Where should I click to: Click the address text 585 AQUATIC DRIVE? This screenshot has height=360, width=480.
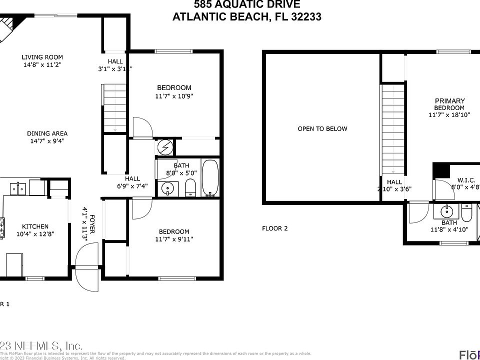point(247,5)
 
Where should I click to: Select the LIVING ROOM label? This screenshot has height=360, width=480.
point(42,57)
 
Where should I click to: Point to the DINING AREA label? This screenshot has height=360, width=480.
point(47,133)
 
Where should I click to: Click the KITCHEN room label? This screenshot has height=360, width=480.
point(35,226)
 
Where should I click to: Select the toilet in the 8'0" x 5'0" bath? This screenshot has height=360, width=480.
point(190,187)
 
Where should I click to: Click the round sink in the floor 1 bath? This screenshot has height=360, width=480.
point(167,188)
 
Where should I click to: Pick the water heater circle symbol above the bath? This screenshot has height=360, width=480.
point(165,147)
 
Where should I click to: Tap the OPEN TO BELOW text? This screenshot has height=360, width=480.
point(322,129)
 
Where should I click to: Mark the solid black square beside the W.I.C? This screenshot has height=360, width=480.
point(440,170)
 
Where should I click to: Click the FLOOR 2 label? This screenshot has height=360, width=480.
point(275,228)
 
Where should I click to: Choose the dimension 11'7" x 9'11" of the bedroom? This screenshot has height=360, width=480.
point(174,239)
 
